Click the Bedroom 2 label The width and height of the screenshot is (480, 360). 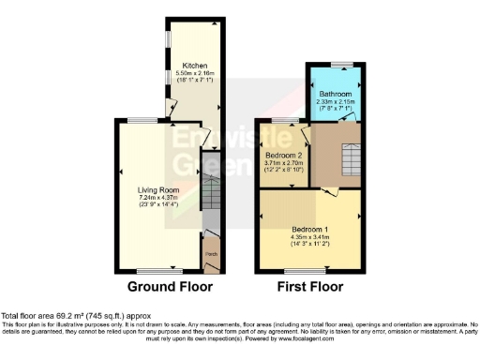click(284, 155)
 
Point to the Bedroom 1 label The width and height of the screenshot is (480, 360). click(309, 230)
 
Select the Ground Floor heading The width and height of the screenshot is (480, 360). click(170, 287)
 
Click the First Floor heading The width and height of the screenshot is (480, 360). click(311, 287)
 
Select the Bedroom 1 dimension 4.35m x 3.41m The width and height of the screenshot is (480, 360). click(309, 237)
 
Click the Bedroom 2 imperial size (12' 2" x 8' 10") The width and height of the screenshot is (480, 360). click(284, 170)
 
